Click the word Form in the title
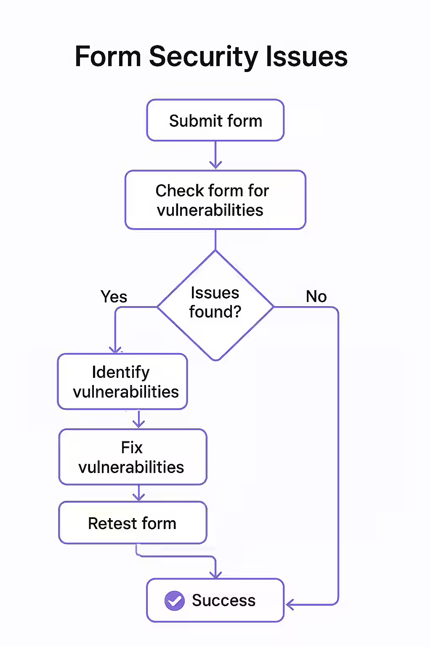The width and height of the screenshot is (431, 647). pyautogui.click(x=108, y=56)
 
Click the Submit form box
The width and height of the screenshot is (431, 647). pyautogui.click(x=215, y=120)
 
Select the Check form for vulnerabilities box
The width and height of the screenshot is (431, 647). pyautogui.click(x=215, y=200)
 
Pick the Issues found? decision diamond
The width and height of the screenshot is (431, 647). pyautogui.click(x=215, y=305)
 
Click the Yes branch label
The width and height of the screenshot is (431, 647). pyautogui.click(x=114, y=297)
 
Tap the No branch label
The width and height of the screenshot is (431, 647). pyautogui.click(x=316, y=297)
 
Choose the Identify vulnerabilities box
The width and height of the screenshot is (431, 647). pyautogui.click(x=122, y=382)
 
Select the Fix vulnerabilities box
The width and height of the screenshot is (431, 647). pyautogui.click(x=133, y=457)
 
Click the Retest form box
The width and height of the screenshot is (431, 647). pyautogui.click(x=133, y=523)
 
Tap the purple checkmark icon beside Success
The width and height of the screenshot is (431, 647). pyautogui.click(x=174, y=601)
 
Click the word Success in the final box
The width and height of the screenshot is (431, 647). pyautogui.click(x=223, y=600)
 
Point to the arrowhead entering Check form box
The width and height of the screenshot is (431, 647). pyautogui.click(x=215, y=165)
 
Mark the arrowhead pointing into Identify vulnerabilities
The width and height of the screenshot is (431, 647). pyautogui.click(x=115, y=349)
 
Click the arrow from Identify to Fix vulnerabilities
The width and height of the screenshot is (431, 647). pyautogui.click(x=138, y=420)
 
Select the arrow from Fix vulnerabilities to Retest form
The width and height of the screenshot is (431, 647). pyautogui.click(x=138, y=493)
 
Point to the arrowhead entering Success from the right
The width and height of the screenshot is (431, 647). pyautogui.click(x=290, y=605)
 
